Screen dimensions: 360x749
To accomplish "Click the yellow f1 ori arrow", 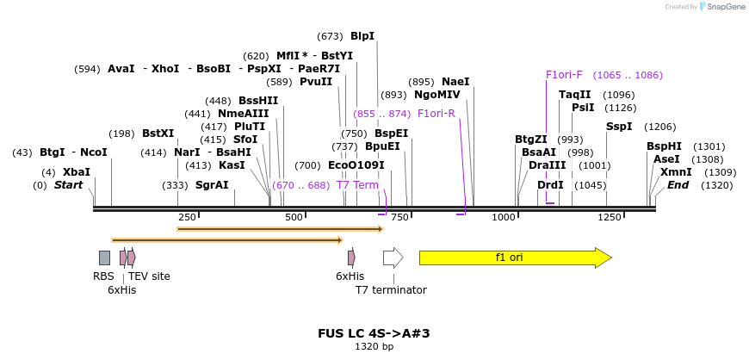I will (514, 258).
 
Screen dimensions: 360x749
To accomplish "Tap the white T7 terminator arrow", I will (393, 258).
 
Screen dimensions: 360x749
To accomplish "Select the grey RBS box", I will (104, 258).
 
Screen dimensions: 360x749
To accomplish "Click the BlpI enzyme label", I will (362, 36).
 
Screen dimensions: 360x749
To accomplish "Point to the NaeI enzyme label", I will (455, 82).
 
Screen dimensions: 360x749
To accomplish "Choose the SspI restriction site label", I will (619, 127).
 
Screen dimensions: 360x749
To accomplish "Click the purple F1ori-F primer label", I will (564, 75).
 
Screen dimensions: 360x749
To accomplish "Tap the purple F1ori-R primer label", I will (436, 114).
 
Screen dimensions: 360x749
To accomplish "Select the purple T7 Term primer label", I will (357, 185).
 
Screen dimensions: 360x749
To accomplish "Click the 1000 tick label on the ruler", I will (504, 217).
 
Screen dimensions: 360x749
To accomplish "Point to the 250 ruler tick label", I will (187, 217).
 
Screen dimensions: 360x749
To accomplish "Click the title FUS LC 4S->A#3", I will (374, 333).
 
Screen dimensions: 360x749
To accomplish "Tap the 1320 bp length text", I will (374, 347).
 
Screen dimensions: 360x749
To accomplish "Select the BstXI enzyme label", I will (158, 133).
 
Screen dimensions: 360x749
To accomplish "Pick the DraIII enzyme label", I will (548, 165).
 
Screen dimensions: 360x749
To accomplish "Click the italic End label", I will (678, 185).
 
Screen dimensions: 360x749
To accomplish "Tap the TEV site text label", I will (149, 276).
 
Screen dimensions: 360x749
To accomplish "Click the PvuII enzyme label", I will (315, 82).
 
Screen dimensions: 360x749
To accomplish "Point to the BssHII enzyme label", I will (258, 101).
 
